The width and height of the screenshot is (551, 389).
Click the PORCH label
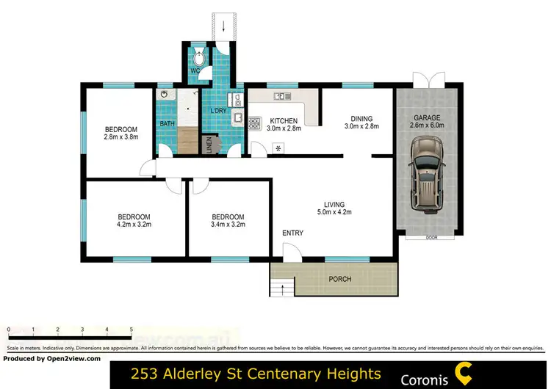(339, 279)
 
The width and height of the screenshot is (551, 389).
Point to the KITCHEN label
(284, 121)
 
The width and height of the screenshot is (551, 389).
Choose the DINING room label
(361, 119)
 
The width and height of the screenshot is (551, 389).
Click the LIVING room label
(334, 205)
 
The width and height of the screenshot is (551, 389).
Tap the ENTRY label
(292, 233)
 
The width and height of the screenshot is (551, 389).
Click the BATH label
(167, 124)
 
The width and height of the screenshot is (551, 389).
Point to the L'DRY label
(218, 111)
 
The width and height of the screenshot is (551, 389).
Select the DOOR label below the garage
(431, 238)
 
